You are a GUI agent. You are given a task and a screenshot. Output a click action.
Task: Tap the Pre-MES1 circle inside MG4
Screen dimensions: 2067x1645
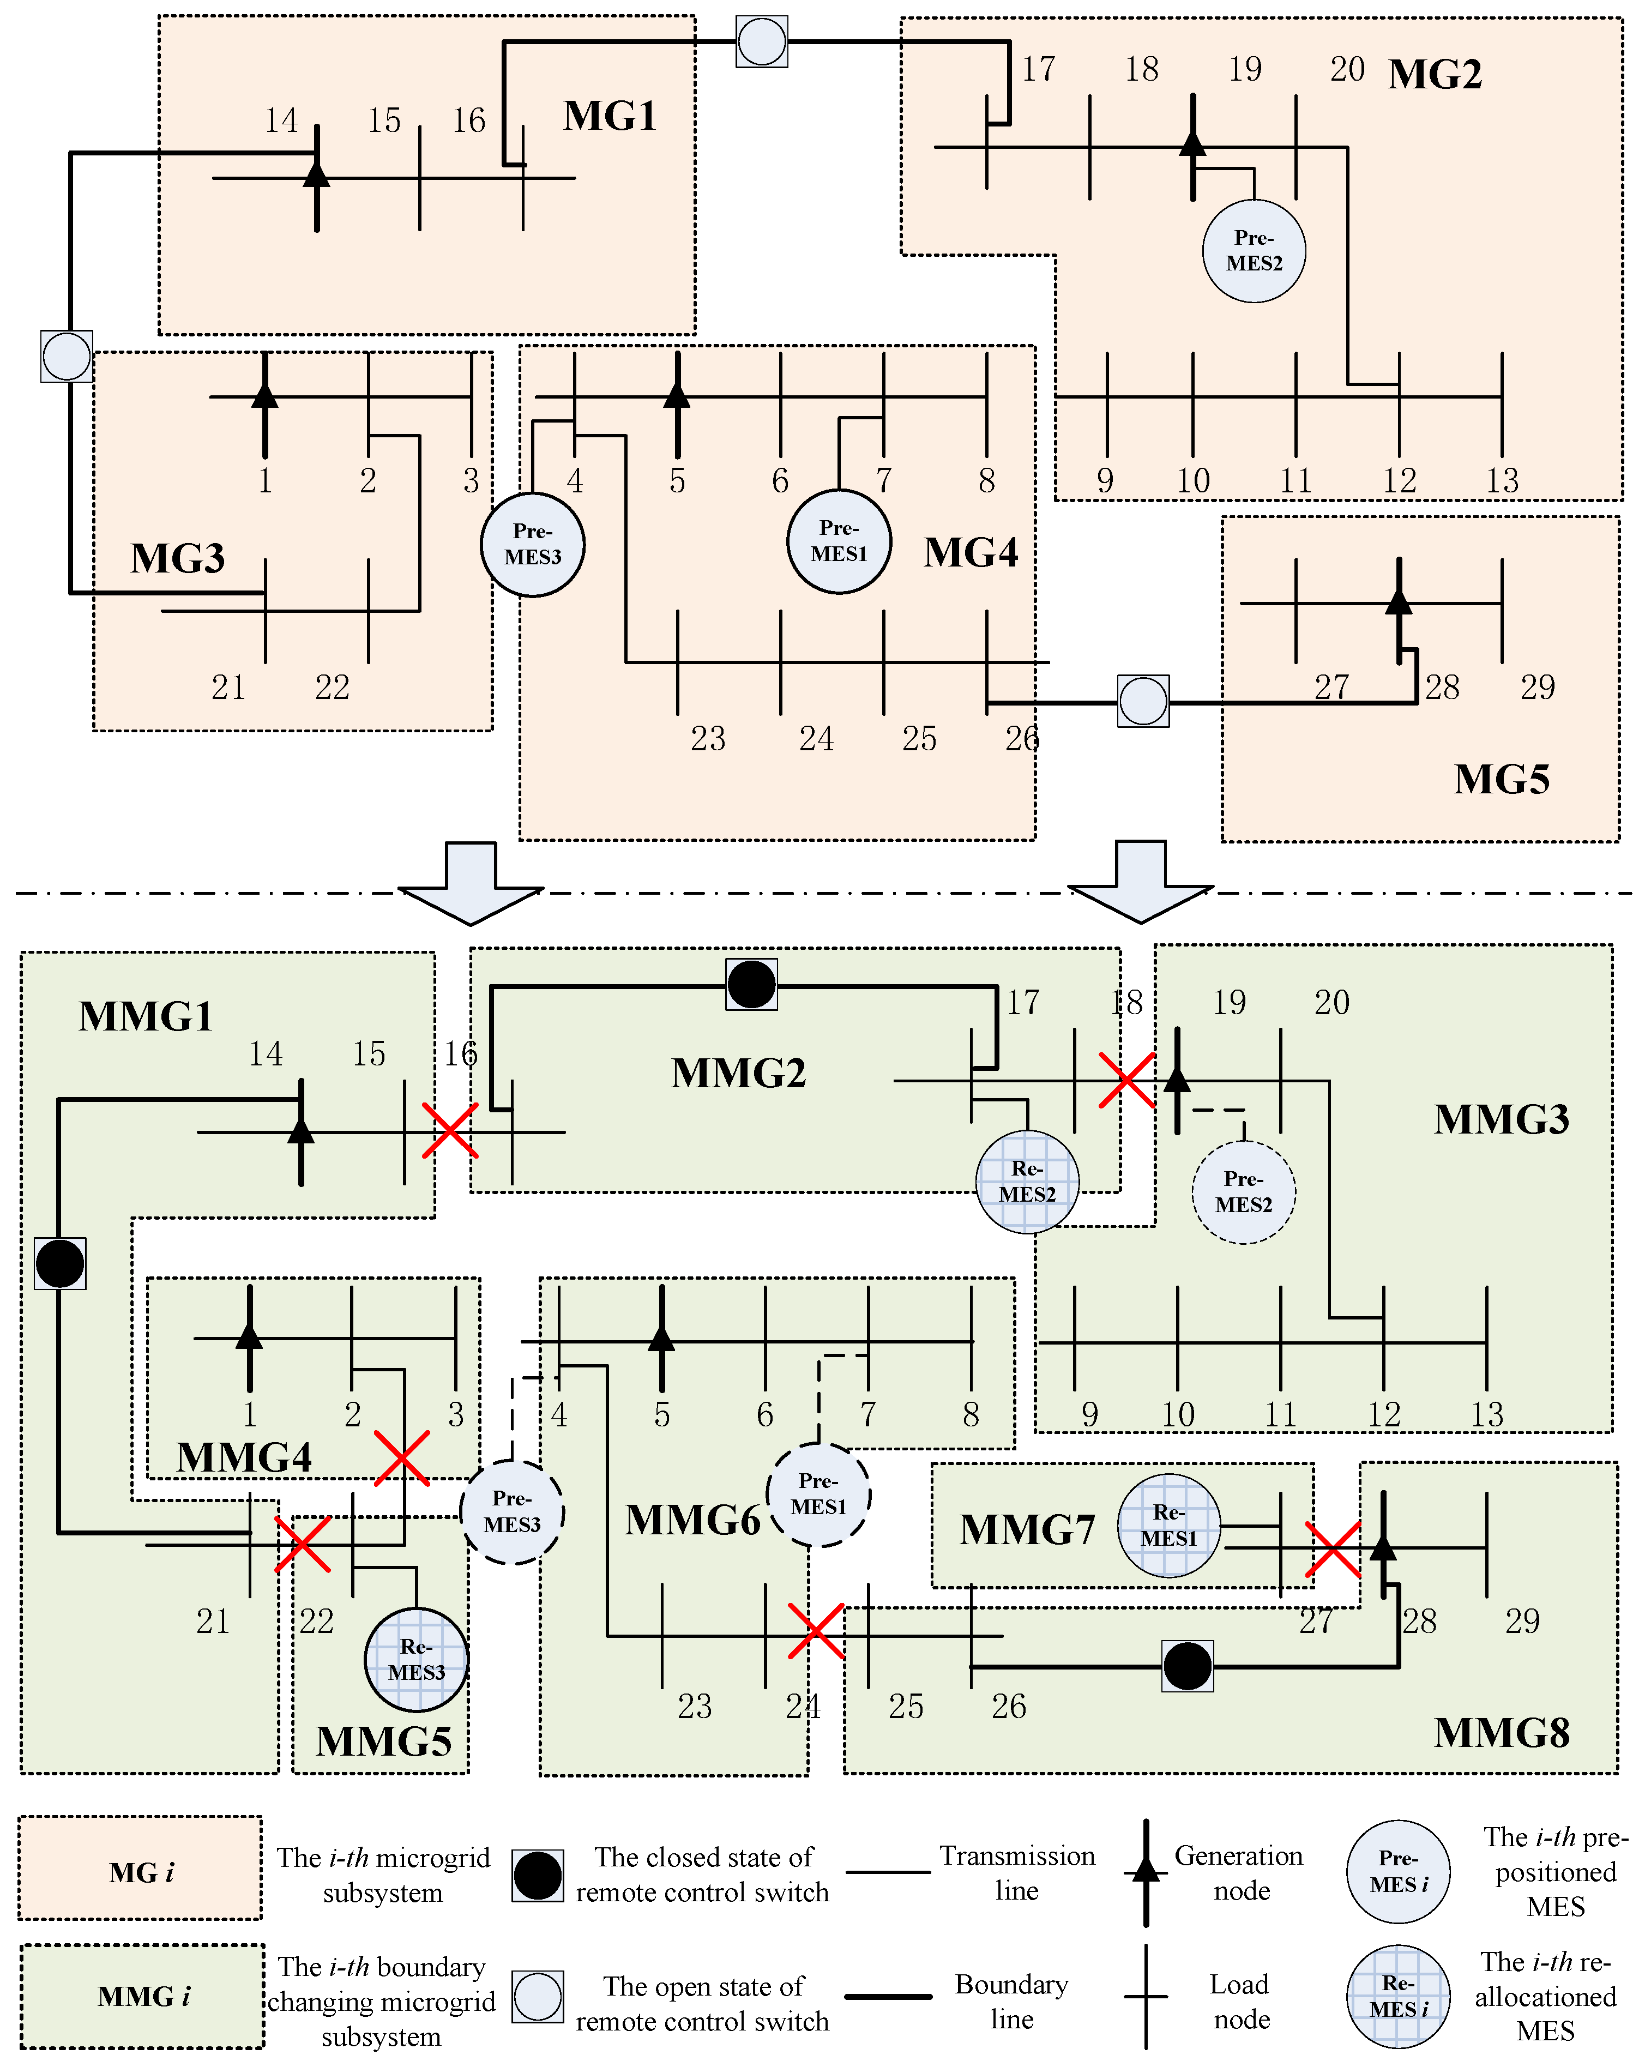tap(839, 541)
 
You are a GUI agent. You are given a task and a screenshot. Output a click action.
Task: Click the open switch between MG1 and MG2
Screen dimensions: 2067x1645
tap(762, 41)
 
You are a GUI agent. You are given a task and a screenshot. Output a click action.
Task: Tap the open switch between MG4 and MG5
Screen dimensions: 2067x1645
tap(1143, 701)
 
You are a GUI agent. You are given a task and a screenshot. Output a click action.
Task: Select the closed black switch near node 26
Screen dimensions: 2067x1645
tap(1187, 1666)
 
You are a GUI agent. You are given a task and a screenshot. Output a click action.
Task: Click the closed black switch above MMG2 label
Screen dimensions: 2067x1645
tap(751, 984)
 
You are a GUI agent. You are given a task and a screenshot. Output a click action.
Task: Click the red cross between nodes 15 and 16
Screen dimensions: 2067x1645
tap(450, 1130)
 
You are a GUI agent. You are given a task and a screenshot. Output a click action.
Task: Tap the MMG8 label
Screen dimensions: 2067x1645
tap(1501, 1732)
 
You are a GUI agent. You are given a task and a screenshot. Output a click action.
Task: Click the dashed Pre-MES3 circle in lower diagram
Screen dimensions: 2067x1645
tap(512, 1512)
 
